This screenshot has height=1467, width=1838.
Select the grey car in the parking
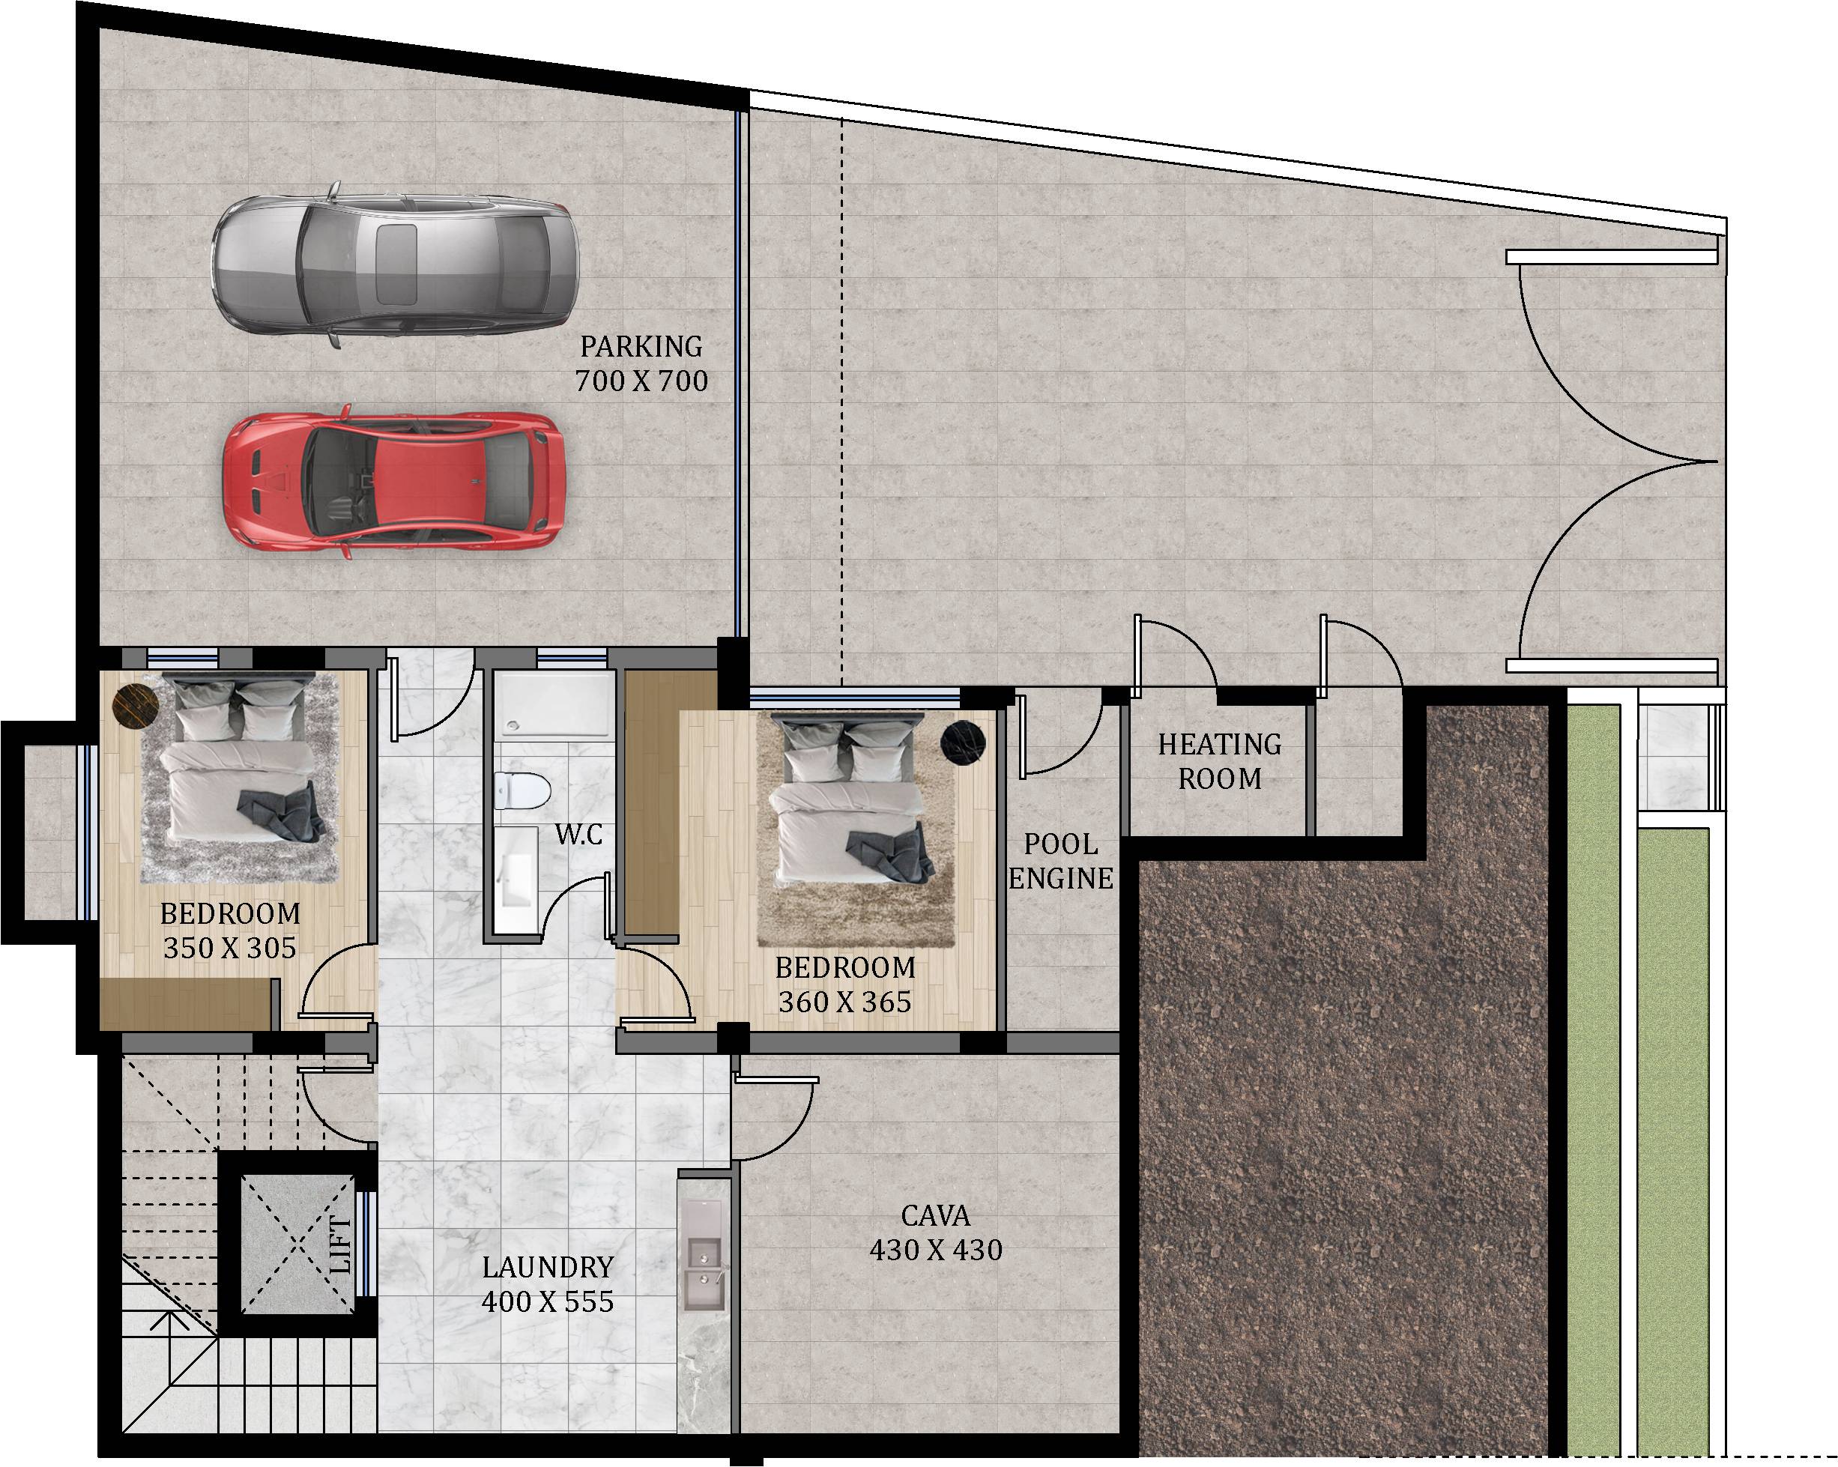point(395,264)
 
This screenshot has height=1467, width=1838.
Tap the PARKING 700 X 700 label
point(641,364)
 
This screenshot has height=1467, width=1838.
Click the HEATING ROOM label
point(1219,761)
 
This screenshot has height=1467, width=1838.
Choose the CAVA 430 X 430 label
point(935,1232)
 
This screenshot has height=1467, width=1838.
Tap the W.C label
point(579,834)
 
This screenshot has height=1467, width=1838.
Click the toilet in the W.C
point(522,790)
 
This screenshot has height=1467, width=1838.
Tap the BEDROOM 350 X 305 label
point(230,931)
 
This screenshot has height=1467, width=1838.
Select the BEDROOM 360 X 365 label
point(845,984)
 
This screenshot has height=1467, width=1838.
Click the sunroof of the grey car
point(396,264)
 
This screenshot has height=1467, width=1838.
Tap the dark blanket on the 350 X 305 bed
point(281,815)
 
